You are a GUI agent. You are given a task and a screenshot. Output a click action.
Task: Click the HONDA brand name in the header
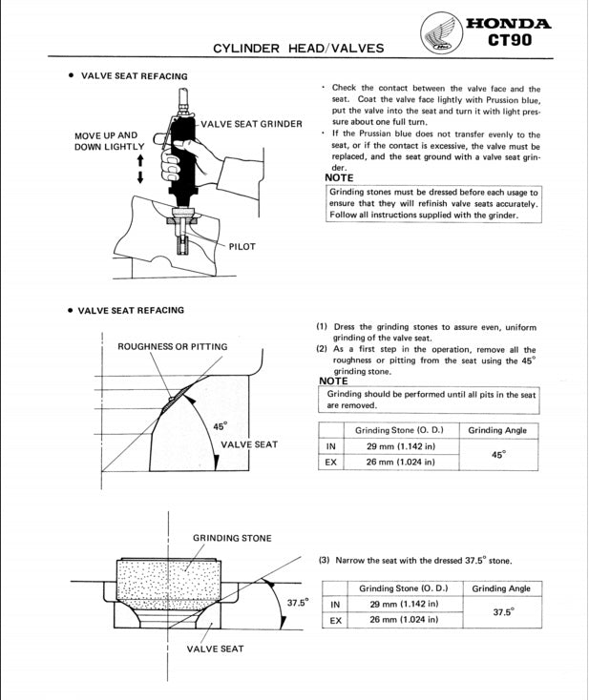pos(507,24)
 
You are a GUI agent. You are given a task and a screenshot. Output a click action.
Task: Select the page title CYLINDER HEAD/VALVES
pos(298,48)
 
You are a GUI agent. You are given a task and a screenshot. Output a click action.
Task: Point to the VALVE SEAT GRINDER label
pos(251,124)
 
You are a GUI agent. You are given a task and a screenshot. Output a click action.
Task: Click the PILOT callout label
pos(242,247)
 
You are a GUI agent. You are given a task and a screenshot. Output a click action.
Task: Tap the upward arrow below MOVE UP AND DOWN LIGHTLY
pos(140,160)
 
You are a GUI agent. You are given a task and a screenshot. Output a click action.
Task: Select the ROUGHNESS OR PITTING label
pos(173,347)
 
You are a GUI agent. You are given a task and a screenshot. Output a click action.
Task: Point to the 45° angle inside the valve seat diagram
pos(219,426)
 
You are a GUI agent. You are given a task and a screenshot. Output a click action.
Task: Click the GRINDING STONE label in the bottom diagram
pos(232,538)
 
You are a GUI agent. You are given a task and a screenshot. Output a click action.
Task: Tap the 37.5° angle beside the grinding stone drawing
pos(298,603)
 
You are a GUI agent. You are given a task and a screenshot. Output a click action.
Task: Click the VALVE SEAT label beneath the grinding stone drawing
pos(215,649)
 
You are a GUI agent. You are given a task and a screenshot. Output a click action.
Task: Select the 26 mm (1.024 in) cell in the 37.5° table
pos(403,620)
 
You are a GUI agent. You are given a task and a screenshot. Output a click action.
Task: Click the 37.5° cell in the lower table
pos(502,611)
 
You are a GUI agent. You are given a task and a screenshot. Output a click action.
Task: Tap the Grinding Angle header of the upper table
pos(497,430)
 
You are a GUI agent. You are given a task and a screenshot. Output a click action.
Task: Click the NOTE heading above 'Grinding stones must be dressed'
pos(339,177)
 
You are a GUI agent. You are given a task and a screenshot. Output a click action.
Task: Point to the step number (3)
pos(325,561)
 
